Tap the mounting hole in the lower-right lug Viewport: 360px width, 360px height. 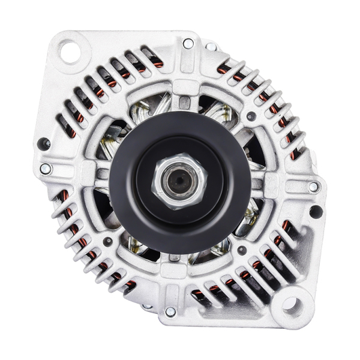tap(290, 305)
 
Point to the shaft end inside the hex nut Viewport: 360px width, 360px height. tap(179, 181)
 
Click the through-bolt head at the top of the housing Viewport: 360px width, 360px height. tap(188, 43)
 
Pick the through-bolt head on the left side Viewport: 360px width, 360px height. tap(45, 169)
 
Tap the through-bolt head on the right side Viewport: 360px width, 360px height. tap(313, 187)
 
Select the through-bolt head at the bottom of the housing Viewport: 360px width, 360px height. tap(170, 311)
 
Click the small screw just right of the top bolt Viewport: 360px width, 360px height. tap(211, 46)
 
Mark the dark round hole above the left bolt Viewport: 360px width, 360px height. tap(43, 144)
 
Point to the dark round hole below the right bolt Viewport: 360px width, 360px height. tap(315, 211)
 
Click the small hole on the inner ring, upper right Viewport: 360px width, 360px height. tap(251, 116)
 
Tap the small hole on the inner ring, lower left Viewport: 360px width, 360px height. tap(108, 241)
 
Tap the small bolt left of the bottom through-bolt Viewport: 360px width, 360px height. tap(148, 307)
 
